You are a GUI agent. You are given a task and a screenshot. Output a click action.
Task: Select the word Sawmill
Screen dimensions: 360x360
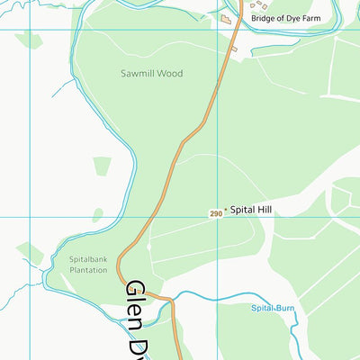coord(139,74)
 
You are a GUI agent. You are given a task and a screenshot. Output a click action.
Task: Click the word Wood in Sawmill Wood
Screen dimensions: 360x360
coord(169,74)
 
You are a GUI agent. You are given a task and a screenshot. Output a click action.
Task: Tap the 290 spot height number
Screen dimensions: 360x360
coord(215,214)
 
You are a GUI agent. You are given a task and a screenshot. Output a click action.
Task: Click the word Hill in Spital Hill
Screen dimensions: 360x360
coord(263,210)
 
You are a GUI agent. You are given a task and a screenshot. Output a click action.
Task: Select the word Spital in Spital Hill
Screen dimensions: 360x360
coord(242,210)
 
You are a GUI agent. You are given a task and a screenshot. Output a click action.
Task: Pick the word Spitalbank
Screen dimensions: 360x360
coord(88,260)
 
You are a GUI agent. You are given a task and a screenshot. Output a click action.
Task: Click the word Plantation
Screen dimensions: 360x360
coord(88,270)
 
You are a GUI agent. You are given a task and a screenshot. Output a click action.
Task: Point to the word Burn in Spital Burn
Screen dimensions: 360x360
coord(285,309)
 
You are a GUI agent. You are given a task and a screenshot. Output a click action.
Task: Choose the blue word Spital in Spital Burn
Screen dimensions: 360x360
coord(262,309)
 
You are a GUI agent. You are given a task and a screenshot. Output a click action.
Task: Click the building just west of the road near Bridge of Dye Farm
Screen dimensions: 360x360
coord(225,18)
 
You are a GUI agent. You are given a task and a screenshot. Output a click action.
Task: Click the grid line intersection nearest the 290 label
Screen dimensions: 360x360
coord(216,217)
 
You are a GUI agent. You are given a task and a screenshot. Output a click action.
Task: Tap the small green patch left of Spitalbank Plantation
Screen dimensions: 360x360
coord(30,251)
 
